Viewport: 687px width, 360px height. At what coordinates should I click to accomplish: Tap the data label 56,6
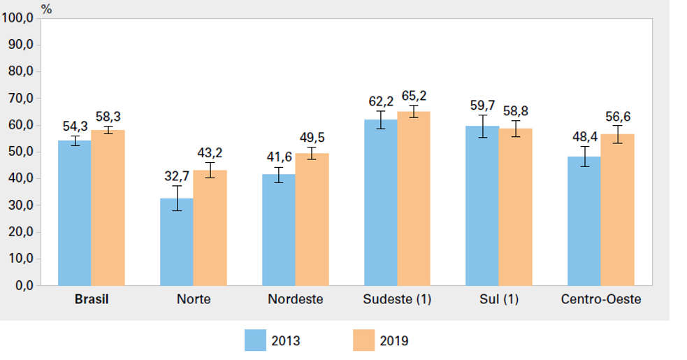(x=617, y=117)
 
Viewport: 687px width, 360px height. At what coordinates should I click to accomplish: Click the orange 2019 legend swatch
(x=363, y=340)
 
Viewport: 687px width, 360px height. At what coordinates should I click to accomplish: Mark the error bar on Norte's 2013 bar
(x=177, y=198)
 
